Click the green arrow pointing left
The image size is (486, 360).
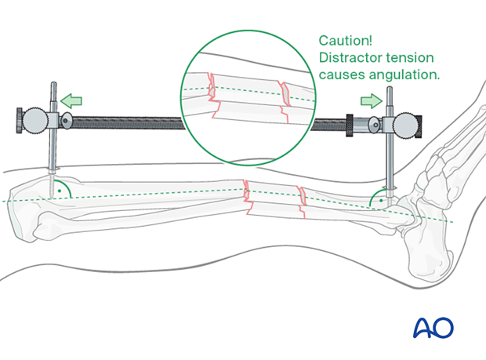(72, 100)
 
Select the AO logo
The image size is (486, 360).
(433, 327)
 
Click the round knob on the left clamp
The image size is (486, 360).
(35, 121)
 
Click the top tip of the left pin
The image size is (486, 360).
(53, 84)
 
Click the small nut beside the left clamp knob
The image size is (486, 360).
(67, 121)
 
